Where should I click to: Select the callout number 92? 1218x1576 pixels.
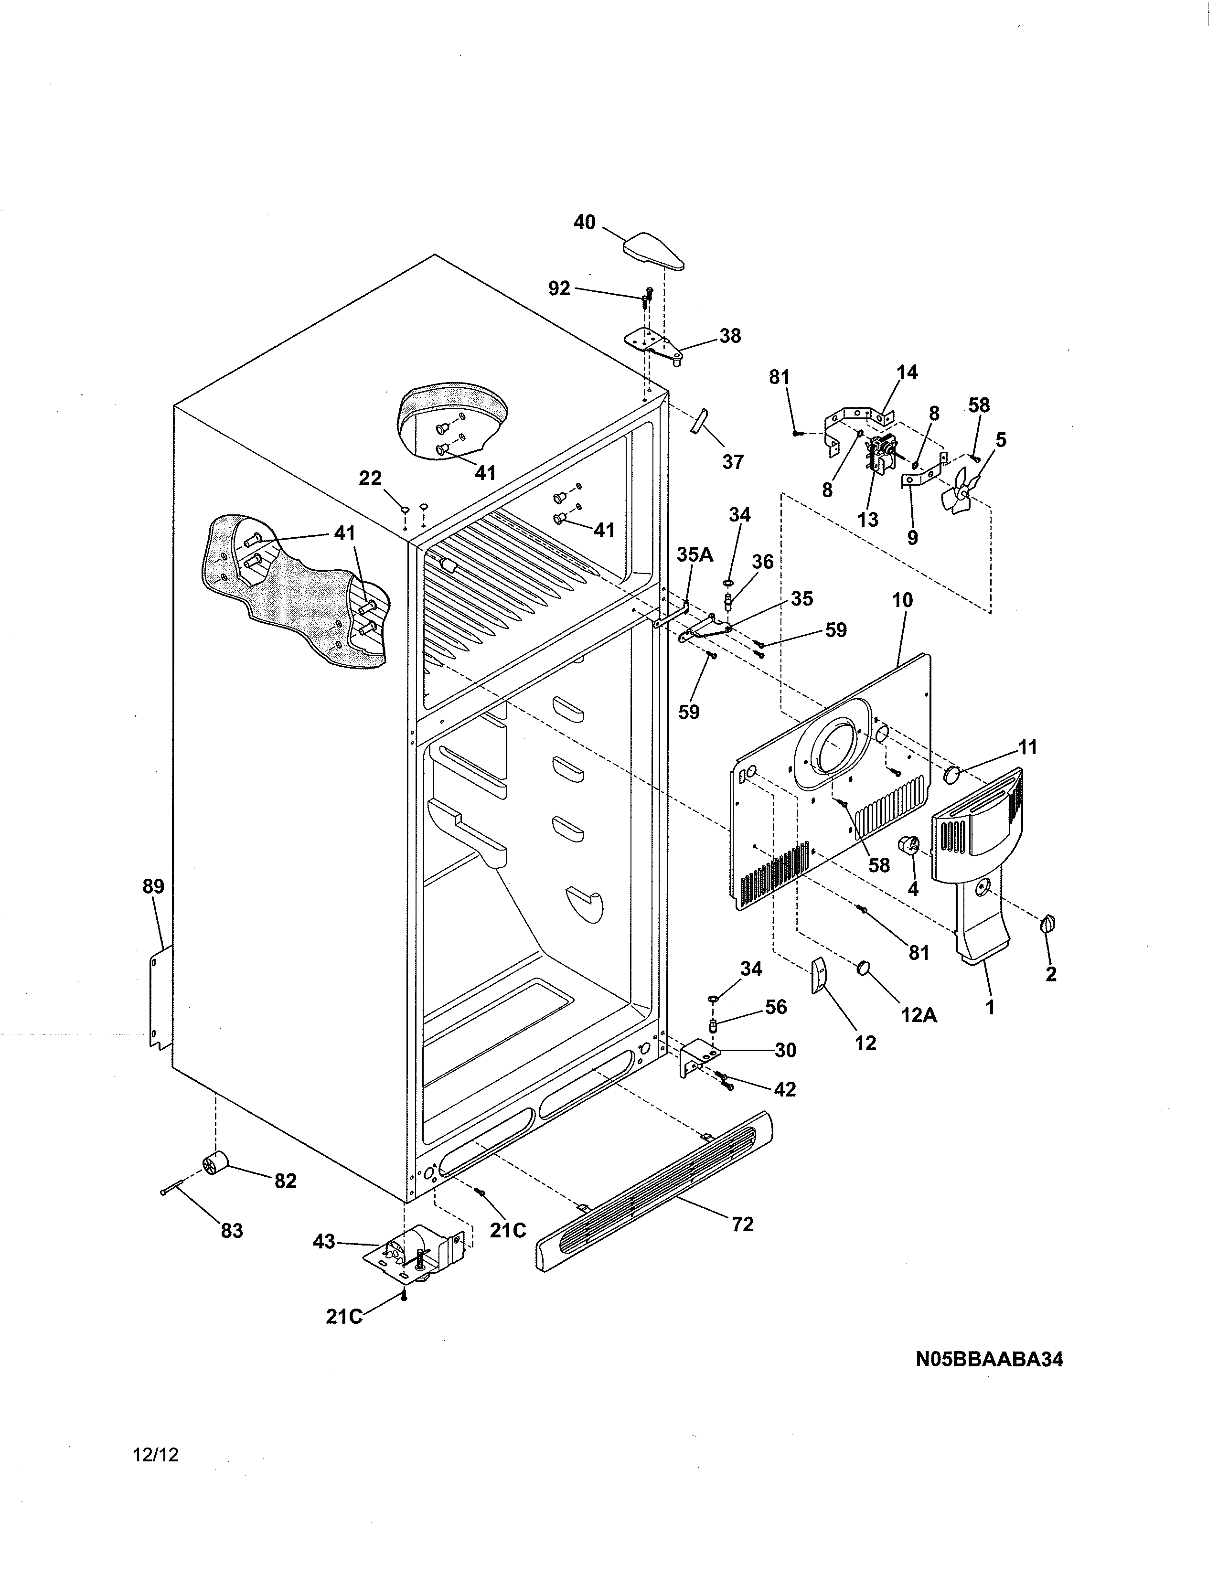(559, 288)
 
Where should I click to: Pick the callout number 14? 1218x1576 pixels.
(907, 373)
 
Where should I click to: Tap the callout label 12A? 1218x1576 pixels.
(919, 1015)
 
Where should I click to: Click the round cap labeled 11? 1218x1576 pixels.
(954, 775)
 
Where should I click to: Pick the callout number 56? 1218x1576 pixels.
(776, 1007)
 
